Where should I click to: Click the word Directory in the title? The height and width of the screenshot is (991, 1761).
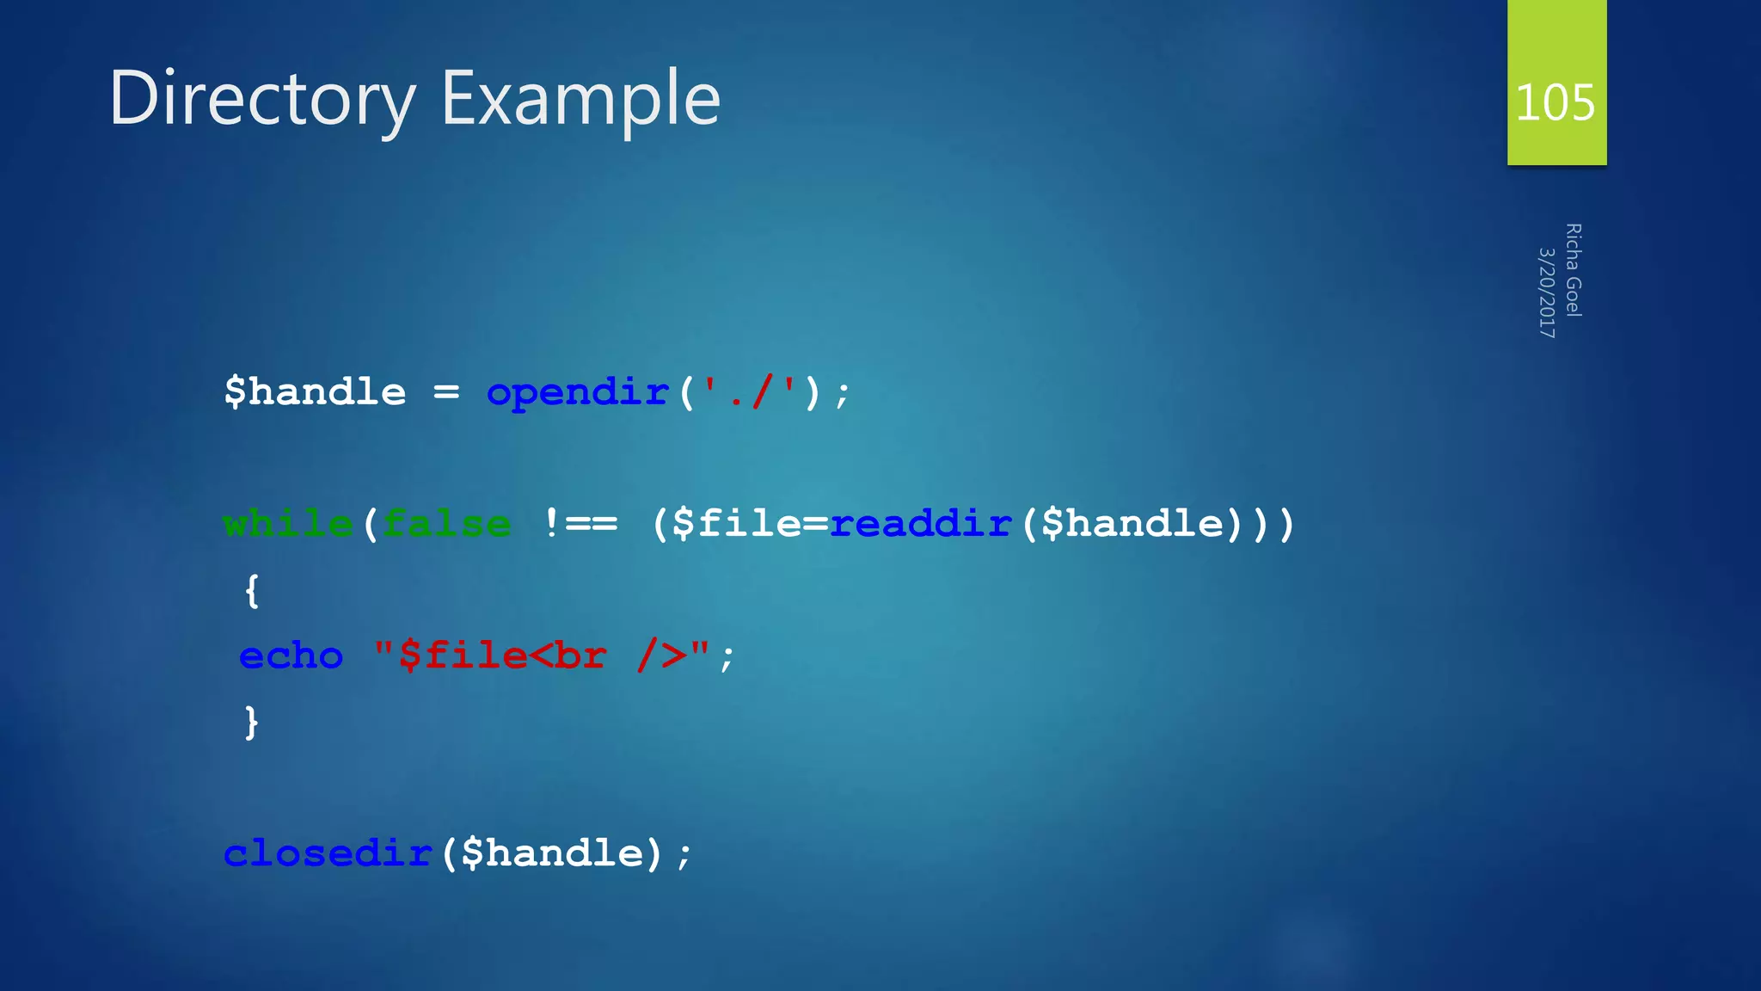click(x=262, y=100)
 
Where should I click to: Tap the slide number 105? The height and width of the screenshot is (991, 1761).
click(x=1555, y=102)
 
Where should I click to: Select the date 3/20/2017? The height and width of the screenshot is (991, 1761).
click(x=1547, y=292)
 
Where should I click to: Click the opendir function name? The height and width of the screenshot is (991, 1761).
click(x=577, y=393)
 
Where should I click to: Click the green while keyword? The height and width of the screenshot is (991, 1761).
click(x=288, y=524)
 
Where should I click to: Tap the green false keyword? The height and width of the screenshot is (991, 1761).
click(x=447, y=524)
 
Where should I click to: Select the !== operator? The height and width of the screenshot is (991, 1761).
click(x=580, y=524)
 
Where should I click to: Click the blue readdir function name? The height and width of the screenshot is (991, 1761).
click(x=921, y=524)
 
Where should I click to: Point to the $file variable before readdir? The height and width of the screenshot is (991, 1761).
click(x=736, y=524)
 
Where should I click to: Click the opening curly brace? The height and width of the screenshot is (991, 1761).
click(x=252, y=591)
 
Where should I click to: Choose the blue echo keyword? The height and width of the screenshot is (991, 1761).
click(x=291, y=656)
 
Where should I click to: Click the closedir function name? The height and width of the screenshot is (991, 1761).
click(x=328, y=853)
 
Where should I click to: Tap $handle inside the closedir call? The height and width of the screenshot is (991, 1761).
click(x=551, y=853)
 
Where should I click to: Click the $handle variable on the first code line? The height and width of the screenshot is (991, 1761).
click(x=315, y=392)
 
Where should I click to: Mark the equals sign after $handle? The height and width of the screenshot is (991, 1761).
click(x=446, y=393)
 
